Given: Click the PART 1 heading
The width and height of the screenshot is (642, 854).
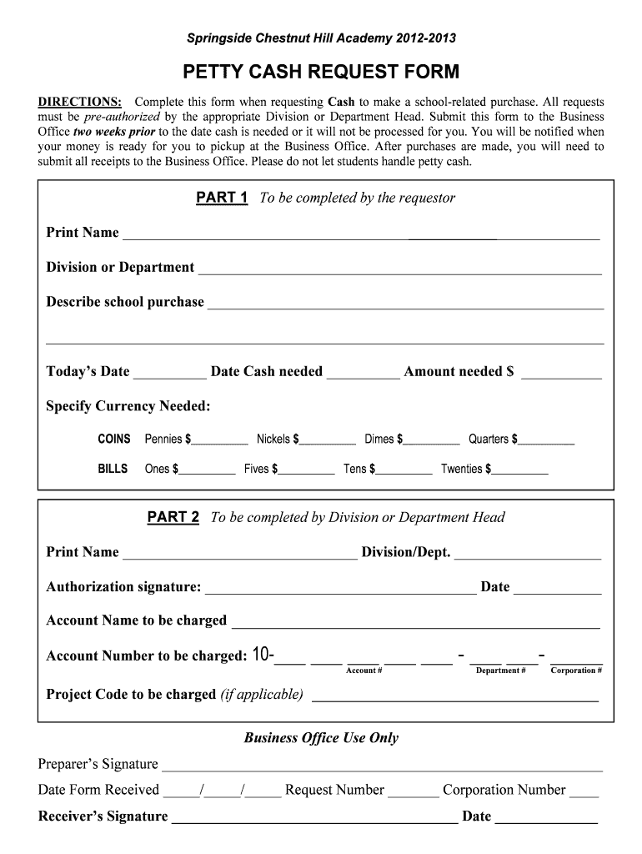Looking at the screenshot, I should coord(222,198).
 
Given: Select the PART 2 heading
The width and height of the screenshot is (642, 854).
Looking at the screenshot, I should coord(173,517).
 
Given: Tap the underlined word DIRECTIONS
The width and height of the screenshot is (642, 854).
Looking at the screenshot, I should coord(79,102).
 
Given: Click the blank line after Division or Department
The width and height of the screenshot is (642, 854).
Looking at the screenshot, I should coord(399,269).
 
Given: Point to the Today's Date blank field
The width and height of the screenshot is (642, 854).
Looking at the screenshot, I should coord(169,374).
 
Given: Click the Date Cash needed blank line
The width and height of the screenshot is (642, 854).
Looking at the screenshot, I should coord(363,374).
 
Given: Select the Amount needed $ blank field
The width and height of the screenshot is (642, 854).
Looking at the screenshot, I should coord(561,374).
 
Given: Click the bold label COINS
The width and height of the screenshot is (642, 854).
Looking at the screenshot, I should coord(114,440).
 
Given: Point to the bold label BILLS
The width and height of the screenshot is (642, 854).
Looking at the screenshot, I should coord(113,469).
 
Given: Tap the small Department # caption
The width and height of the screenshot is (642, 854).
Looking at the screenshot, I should coord(500,671).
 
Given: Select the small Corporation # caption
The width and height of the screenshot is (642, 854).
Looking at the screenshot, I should coord(576,671).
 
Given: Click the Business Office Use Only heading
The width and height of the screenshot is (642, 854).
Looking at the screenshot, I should coord(321,738).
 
